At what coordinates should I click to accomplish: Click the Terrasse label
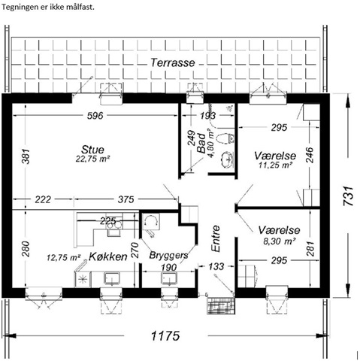tap(173, 62)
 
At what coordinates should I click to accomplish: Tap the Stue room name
tap(92, 150)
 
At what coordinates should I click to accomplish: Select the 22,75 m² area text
tap(92, 159)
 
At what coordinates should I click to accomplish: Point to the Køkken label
tap(108, 256)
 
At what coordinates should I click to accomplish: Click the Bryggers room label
tap(168, 256)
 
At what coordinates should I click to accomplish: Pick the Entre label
tap(216, 238)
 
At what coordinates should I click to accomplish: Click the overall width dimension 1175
tap(165, 335)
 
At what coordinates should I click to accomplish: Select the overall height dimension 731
tap(349, 196)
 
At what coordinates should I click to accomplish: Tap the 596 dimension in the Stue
tap(95, 116)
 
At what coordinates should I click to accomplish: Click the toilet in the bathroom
tap(225, 138)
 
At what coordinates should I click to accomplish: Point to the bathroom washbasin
tap(227, 159)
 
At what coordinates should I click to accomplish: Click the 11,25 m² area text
tap(275, 165)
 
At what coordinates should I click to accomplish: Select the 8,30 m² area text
tap(279, 241)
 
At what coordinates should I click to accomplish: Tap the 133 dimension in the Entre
tap(216, 266)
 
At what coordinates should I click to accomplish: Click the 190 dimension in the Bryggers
tap(169, 268)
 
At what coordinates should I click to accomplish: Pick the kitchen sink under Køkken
tap(113, 278)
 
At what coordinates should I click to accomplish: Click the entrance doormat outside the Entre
tap(221, 306)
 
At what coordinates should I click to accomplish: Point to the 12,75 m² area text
tap(63, 257)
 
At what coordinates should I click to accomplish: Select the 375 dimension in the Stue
tap(126, 199)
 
